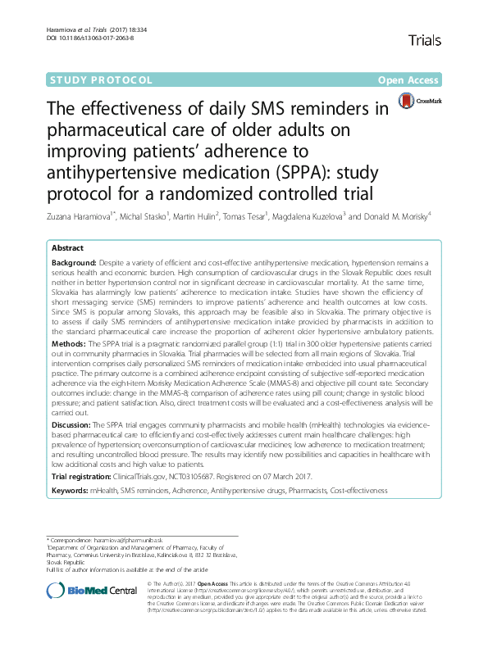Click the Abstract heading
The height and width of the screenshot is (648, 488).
pos(68,247)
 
